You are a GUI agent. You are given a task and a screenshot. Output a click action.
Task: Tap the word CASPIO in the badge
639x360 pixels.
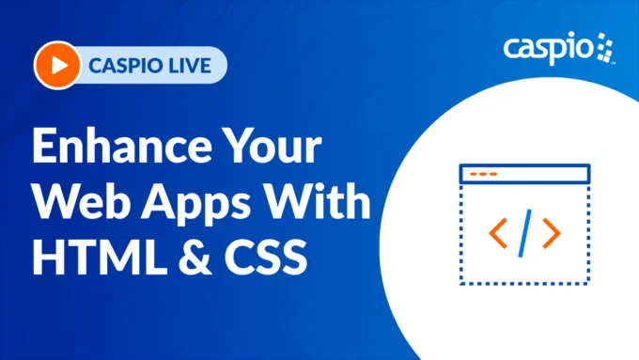124,66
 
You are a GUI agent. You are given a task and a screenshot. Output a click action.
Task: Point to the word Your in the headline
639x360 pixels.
273,150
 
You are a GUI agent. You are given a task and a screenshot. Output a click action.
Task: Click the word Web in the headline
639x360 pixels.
86,203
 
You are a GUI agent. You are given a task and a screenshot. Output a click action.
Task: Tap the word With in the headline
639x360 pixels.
317,203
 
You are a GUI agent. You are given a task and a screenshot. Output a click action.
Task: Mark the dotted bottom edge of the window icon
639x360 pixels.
523,281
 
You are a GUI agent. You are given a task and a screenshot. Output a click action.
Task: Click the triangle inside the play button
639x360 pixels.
59,66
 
